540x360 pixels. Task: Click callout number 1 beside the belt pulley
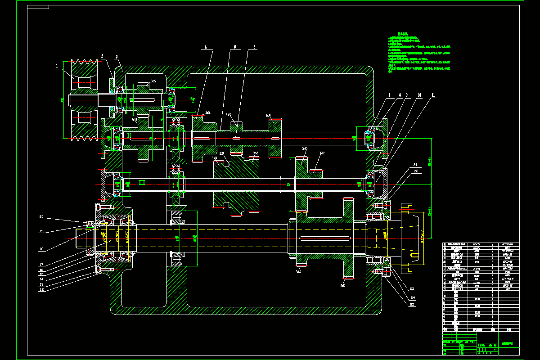(57, 66)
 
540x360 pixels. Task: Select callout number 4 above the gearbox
(206, 47)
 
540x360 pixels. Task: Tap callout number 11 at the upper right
(433, 95)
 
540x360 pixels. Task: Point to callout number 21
(415, 165)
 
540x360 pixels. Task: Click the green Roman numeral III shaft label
(142, 182)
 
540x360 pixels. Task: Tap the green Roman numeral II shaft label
(129, 135)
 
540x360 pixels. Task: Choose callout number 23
(412, 288)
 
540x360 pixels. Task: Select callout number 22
(415, 171)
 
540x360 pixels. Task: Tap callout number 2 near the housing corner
(102, 56)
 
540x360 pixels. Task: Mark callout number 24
(412, 297)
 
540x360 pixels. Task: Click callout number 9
(406, 95)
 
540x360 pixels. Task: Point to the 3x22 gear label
(322, 153)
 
